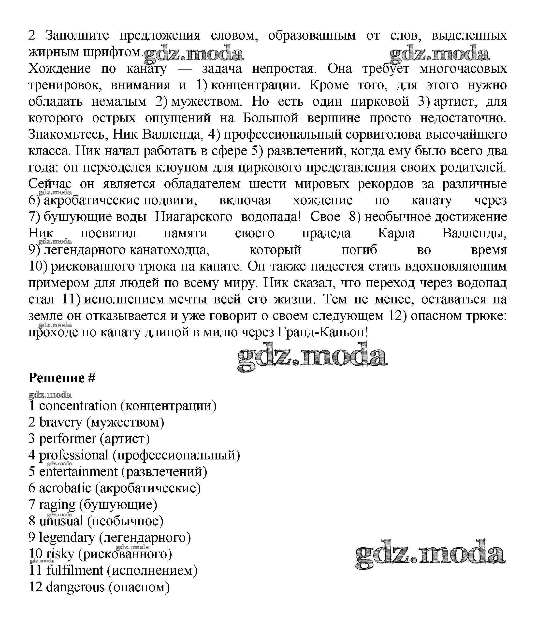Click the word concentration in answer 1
[x=78, y=406]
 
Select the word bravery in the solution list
[x=60, y=423]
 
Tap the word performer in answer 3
[x=68, y=439]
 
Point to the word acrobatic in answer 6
[x=65, y=488]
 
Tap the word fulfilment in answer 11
[x=75, y=571]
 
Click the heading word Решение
[x=56, y=378]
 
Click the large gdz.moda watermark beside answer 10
[x=431, y=555]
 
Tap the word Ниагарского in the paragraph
[x=194, y=217]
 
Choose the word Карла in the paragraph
[x=396, y=233]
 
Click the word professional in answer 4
[x=74, y=455]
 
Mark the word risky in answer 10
[x=60, y=554]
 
